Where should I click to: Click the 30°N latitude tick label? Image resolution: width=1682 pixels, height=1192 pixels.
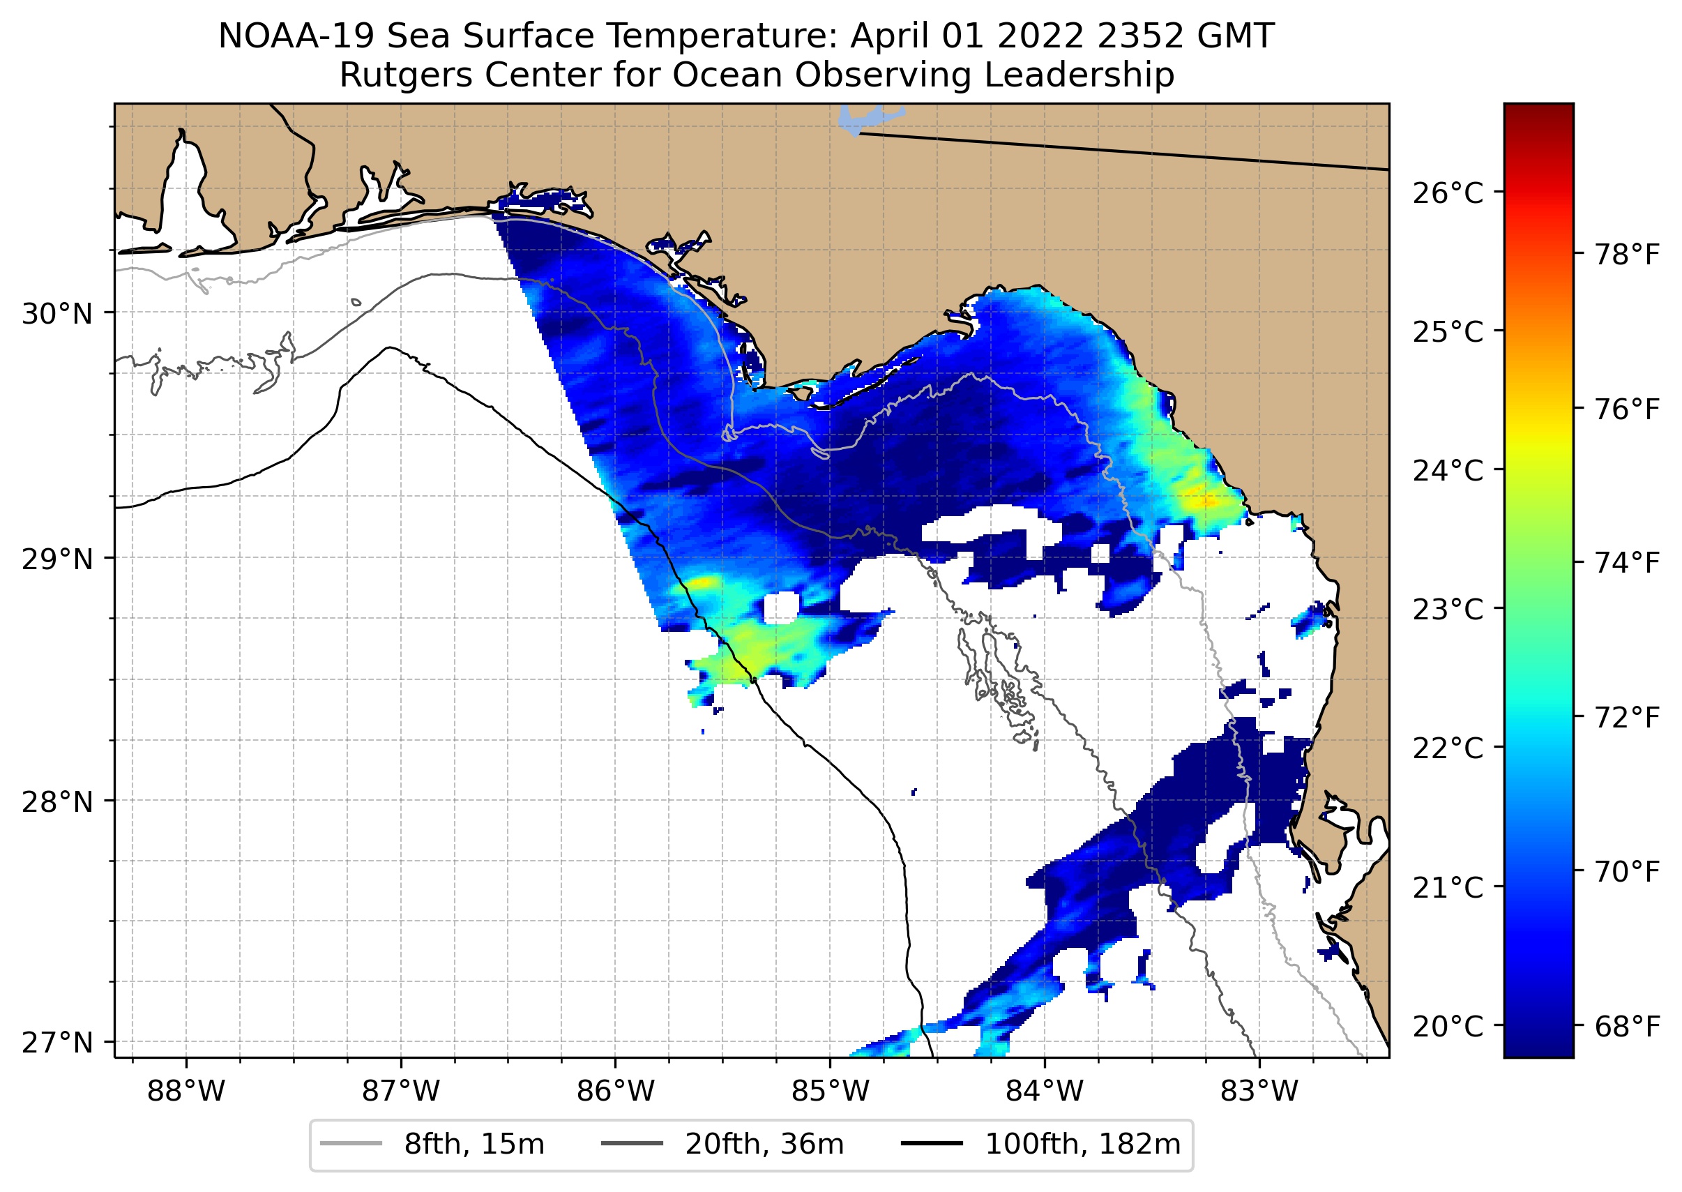57,314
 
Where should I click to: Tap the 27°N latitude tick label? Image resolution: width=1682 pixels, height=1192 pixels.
57,1042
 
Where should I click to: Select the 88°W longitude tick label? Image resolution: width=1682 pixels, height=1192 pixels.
185,1092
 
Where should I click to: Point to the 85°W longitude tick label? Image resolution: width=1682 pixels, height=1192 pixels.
830,1092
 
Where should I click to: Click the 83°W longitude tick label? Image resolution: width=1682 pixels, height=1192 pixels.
1259,1092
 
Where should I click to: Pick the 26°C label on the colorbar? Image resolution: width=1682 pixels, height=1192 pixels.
1447,193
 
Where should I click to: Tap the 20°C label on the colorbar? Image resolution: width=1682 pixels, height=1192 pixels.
1447,1026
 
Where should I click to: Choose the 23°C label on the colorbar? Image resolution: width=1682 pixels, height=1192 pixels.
1447,609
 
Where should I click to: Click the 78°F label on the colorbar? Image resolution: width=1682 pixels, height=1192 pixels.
1627,255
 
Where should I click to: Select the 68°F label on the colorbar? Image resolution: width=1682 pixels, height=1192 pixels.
1627,1026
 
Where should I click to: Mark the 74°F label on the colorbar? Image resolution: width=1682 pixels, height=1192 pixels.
1627,563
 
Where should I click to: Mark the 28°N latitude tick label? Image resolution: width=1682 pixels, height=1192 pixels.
57,802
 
